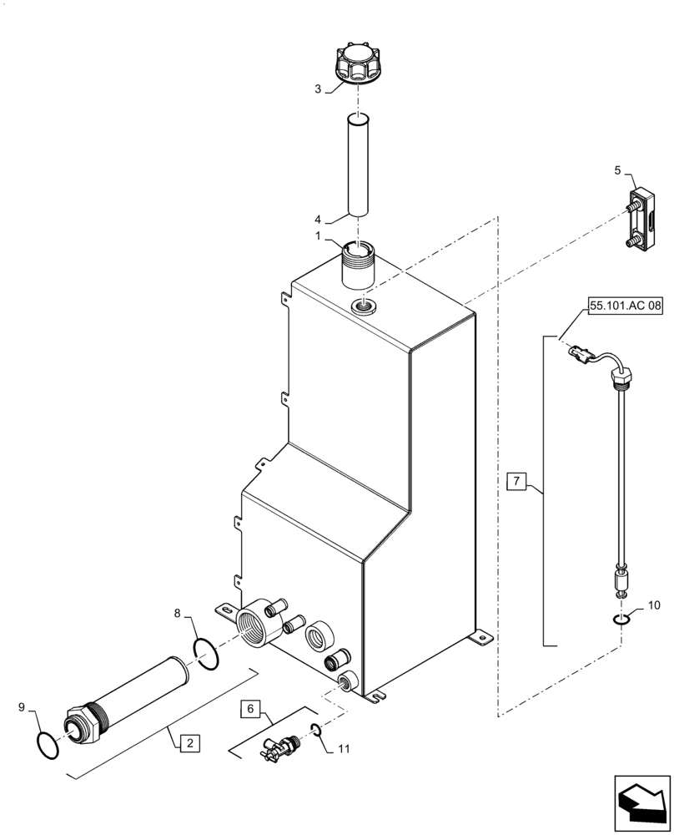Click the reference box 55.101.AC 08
625,306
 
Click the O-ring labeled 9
49,744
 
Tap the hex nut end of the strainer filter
80,723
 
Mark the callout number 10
653,604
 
